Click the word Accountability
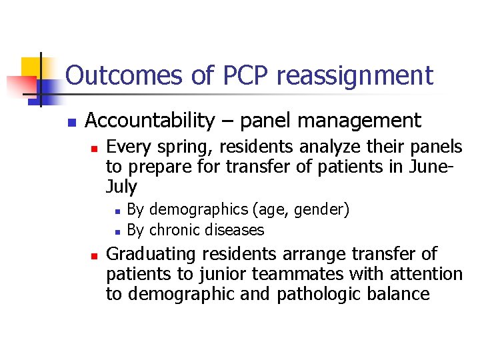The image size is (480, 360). coord(151,121)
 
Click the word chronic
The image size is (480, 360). coord(173,230)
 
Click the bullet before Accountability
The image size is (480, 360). coord(71,122)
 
